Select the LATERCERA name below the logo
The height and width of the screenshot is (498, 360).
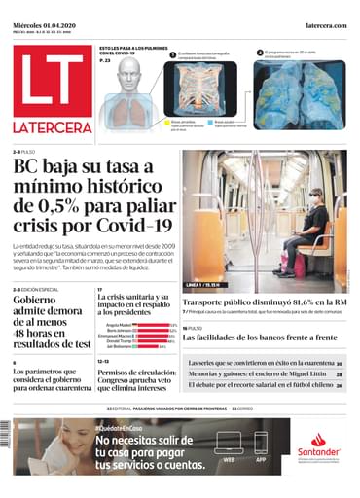point(53,127)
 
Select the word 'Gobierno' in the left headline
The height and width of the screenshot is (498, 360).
point(34,301)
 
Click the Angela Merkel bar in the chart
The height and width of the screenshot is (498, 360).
point(154,325)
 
